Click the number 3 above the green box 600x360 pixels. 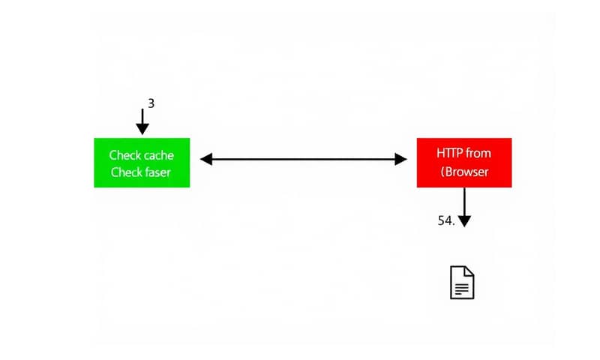151,103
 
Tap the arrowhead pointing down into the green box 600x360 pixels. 142,128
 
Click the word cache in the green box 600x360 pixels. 157,155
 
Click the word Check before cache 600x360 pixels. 124,155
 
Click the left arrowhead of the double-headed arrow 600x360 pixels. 206,159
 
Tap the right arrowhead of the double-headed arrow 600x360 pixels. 400,159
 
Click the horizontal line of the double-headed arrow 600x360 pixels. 304,159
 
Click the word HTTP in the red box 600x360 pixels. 449,153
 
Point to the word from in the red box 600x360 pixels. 478,153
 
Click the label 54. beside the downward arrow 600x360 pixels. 446,220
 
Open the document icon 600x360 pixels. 462,282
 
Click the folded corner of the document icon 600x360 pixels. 469,270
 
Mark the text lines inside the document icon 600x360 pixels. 462,287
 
